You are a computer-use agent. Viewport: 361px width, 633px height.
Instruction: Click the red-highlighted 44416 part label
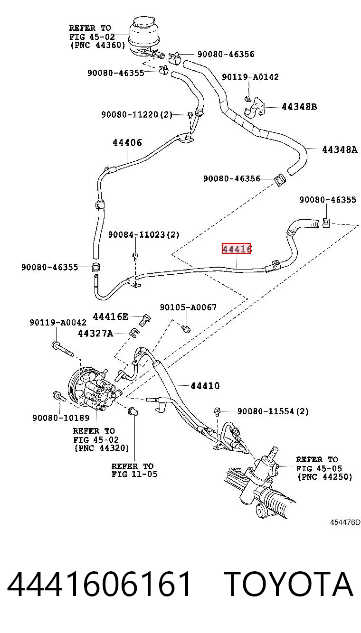pyautogui.click(x=236, y=248)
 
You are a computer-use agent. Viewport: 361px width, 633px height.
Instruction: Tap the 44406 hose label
pyautogui.click(x=127, y=143)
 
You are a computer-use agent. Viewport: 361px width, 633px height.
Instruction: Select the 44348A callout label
pyautogui.click(x=340, y=149)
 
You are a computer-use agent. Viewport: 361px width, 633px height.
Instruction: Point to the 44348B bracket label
pyautogui.click(x=299, y=107)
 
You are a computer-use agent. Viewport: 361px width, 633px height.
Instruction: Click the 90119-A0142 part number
pyautogui.click(x=250, y=77)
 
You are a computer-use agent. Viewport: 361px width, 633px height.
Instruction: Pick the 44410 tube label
pyautogui.click(x=205, y=386)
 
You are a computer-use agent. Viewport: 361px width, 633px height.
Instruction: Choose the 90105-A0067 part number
pyautogui.click(x=188, y=307)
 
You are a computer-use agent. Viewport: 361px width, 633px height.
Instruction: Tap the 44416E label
pyautogui.click(x=110, y=316)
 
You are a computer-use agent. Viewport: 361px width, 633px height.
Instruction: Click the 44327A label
pyautogui.click(x=95, y=334)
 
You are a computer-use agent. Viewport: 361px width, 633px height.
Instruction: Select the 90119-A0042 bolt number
pyautogui.click(x=58, y=323)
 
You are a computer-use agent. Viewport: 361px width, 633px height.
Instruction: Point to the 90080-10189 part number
pyautogui.click(x=61, y=418)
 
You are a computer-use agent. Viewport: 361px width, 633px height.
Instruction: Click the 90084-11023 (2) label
pyautogui.click(x=144, y=234)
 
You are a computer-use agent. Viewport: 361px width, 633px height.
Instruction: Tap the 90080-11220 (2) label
pyautogui.click(x=137, y=114)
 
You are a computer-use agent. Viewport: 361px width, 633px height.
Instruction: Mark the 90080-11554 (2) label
pyautogui.click(x=273, y=411)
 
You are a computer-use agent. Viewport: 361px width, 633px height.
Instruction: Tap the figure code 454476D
pyautogui.click(x=345, y=522)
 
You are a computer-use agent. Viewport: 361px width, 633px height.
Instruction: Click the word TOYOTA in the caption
pyautogui.click(x=289, y=584)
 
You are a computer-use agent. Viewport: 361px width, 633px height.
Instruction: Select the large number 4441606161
pyautogui.click(x=99, y=584)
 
